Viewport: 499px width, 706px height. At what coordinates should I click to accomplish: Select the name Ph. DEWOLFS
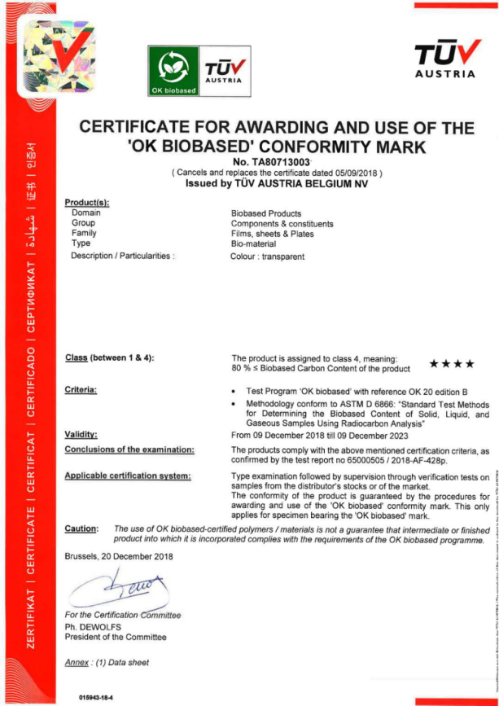click(94, 627)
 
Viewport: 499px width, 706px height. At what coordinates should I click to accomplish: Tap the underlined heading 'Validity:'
click(81, 435)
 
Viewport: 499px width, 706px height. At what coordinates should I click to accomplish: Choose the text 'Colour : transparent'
click(268, 257)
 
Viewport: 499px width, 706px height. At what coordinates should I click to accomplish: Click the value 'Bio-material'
click(254, 243)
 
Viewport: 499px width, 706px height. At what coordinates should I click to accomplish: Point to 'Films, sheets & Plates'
click(274, 233)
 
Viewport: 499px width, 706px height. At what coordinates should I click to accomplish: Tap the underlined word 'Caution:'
click(81, 529)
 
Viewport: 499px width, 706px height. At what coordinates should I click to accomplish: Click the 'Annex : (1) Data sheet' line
click(107, 663)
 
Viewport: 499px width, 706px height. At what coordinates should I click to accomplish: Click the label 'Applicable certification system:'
click(128, 475)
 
